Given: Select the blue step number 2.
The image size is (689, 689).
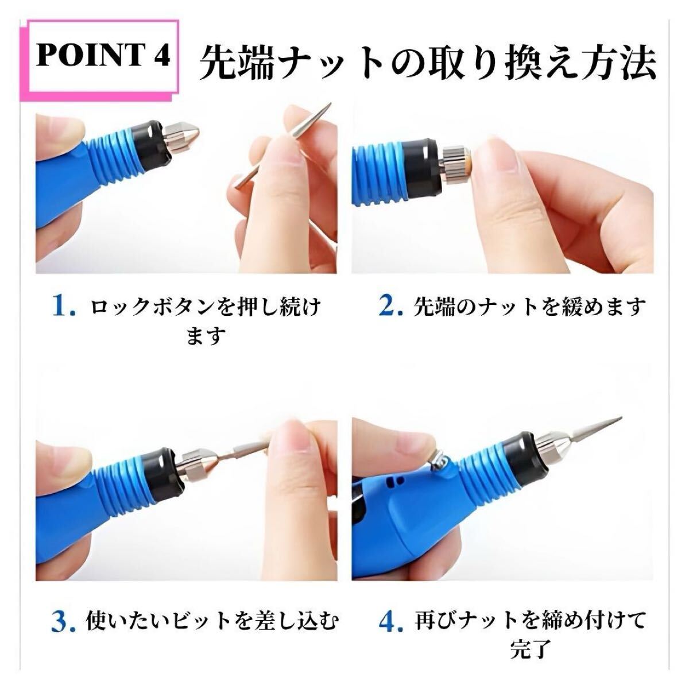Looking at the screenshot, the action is pos(391,308).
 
